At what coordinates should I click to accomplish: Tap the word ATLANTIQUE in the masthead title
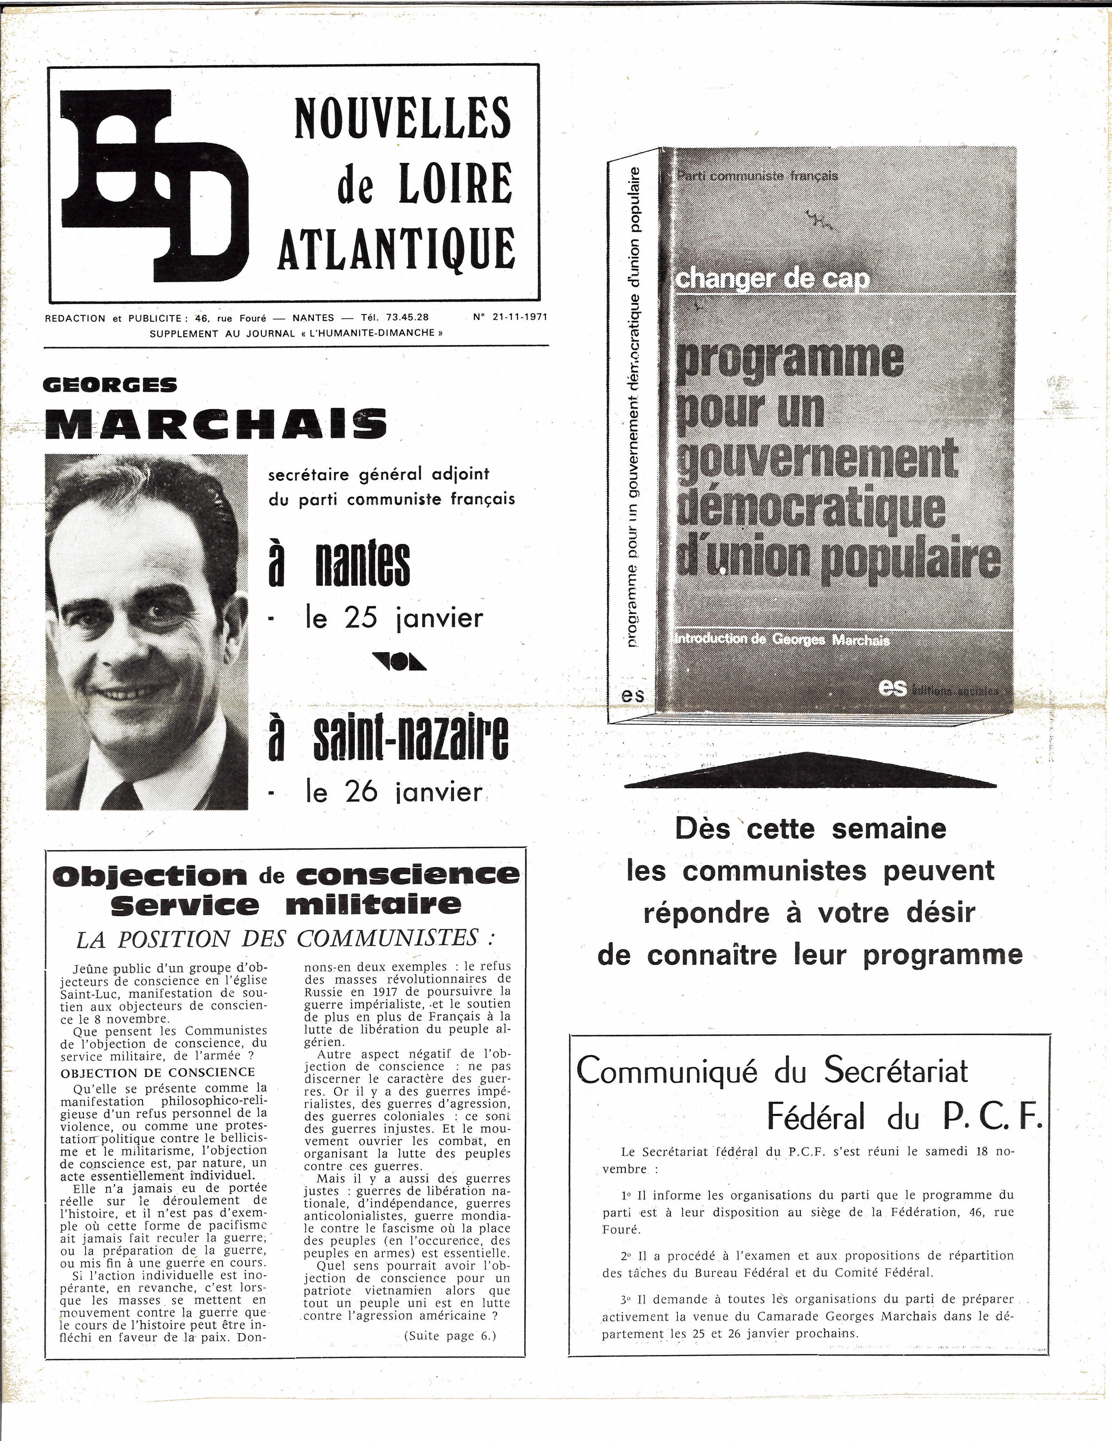click(396, 249)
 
